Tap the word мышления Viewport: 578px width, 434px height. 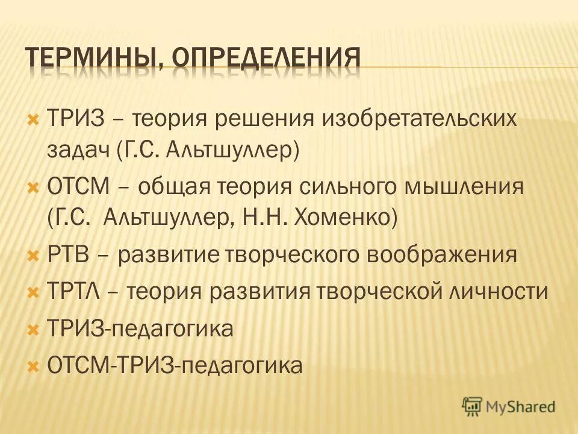point(471,186)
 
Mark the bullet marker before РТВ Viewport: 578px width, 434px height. point(33,255)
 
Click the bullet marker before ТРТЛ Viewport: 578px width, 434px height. point(33,292)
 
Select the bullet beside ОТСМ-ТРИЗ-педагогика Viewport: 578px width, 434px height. point(33,365)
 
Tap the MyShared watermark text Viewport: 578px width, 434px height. point(520,407)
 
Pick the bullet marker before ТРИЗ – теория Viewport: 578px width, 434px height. point(33,118)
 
